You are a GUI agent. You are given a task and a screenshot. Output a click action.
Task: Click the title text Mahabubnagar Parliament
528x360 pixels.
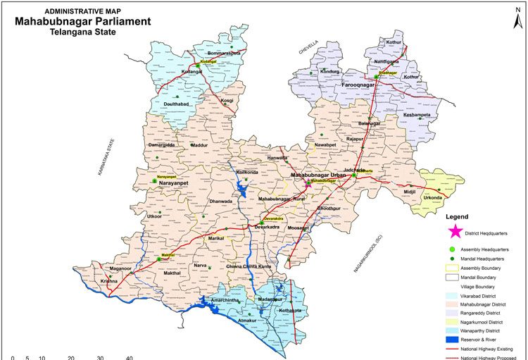pos(82,21)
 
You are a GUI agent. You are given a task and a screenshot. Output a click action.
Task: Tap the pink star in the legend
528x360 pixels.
pos(455,230)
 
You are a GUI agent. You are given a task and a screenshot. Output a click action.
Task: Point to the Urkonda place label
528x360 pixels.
pos(433,197)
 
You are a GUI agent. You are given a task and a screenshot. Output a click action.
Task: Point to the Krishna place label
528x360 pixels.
pos(109,281)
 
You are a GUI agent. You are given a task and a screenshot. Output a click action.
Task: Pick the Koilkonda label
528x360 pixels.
pos(248,171)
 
